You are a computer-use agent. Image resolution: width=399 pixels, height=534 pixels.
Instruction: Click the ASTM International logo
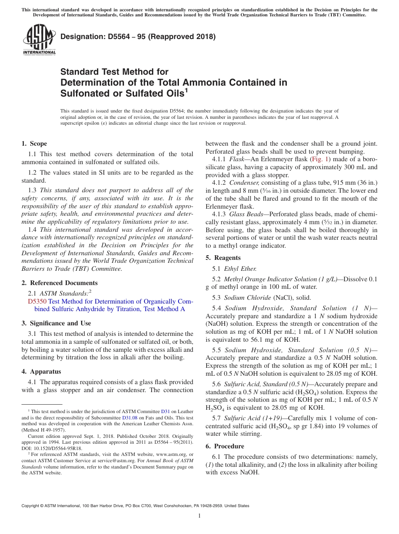click(x=39, y=39)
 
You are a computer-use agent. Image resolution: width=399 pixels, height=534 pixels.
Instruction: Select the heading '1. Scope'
click(x=34, y=144)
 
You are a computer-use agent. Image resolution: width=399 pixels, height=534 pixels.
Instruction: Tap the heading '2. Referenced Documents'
click(x=60, y=283)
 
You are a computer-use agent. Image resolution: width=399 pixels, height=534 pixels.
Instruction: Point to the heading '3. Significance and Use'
click(x=56, y=323)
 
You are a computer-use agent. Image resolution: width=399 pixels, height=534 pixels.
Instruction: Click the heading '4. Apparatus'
click(x=41, y=372)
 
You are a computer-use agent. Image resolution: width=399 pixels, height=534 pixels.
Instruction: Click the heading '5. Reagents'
click(x=223, y=258)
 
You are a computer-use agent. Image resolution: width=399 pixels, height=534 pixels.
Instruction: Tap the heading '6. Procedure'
click(x=225, y=446)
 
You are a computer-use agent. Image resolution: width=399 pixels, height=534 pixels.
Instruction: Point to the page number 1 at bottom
click(x=199, y=516)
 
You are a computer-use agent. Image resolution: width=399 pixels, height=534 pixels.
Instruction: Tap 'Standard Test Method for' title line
click(x=114, y=72)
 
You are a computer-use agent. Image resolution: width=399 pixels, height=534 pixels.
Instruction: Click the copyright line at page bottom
click(x=135, y=506)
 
